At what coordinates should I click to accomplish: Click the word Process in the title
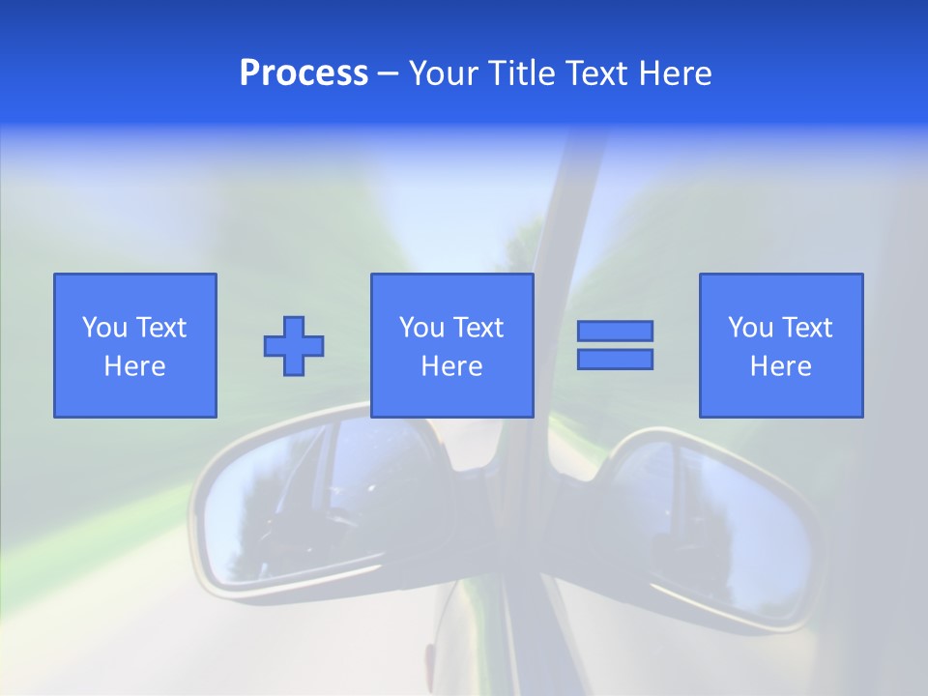coord(304,73)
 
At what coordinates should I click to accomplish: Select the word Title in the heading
coord(521,73)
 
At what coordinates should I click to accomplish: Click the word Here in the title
coord(675,73)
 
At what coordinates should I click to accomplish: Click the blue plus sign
coord(294,346)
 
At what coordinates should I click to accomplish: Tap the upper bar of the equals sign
coord(615,331)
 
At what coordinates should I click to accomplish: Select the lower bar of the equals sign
coord(615,360)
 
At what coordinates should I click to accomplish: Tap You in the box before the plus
coord(104,328)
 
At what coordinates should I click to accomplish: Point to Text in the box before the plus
coord(159,328)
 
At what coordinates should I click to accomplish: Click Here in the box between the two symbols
coord(452,366)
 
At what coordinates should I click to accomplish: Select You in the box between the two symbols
coord(421,328)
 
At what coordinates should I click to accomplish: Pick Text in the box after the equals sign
coord(806,328)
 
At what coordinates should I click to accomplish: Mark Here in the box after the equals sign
coord(781,366)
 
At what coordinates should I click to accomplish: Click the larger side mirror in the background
coord(319,507)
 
